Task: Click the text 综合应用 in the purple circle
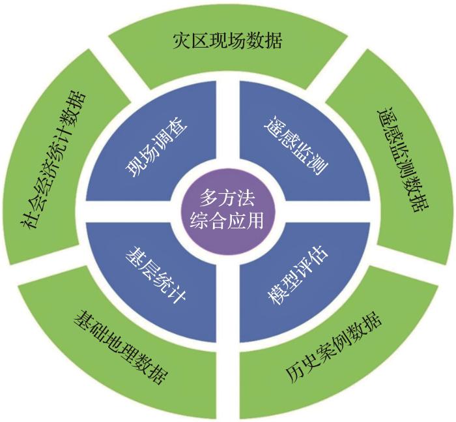(x=227, y=222)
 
